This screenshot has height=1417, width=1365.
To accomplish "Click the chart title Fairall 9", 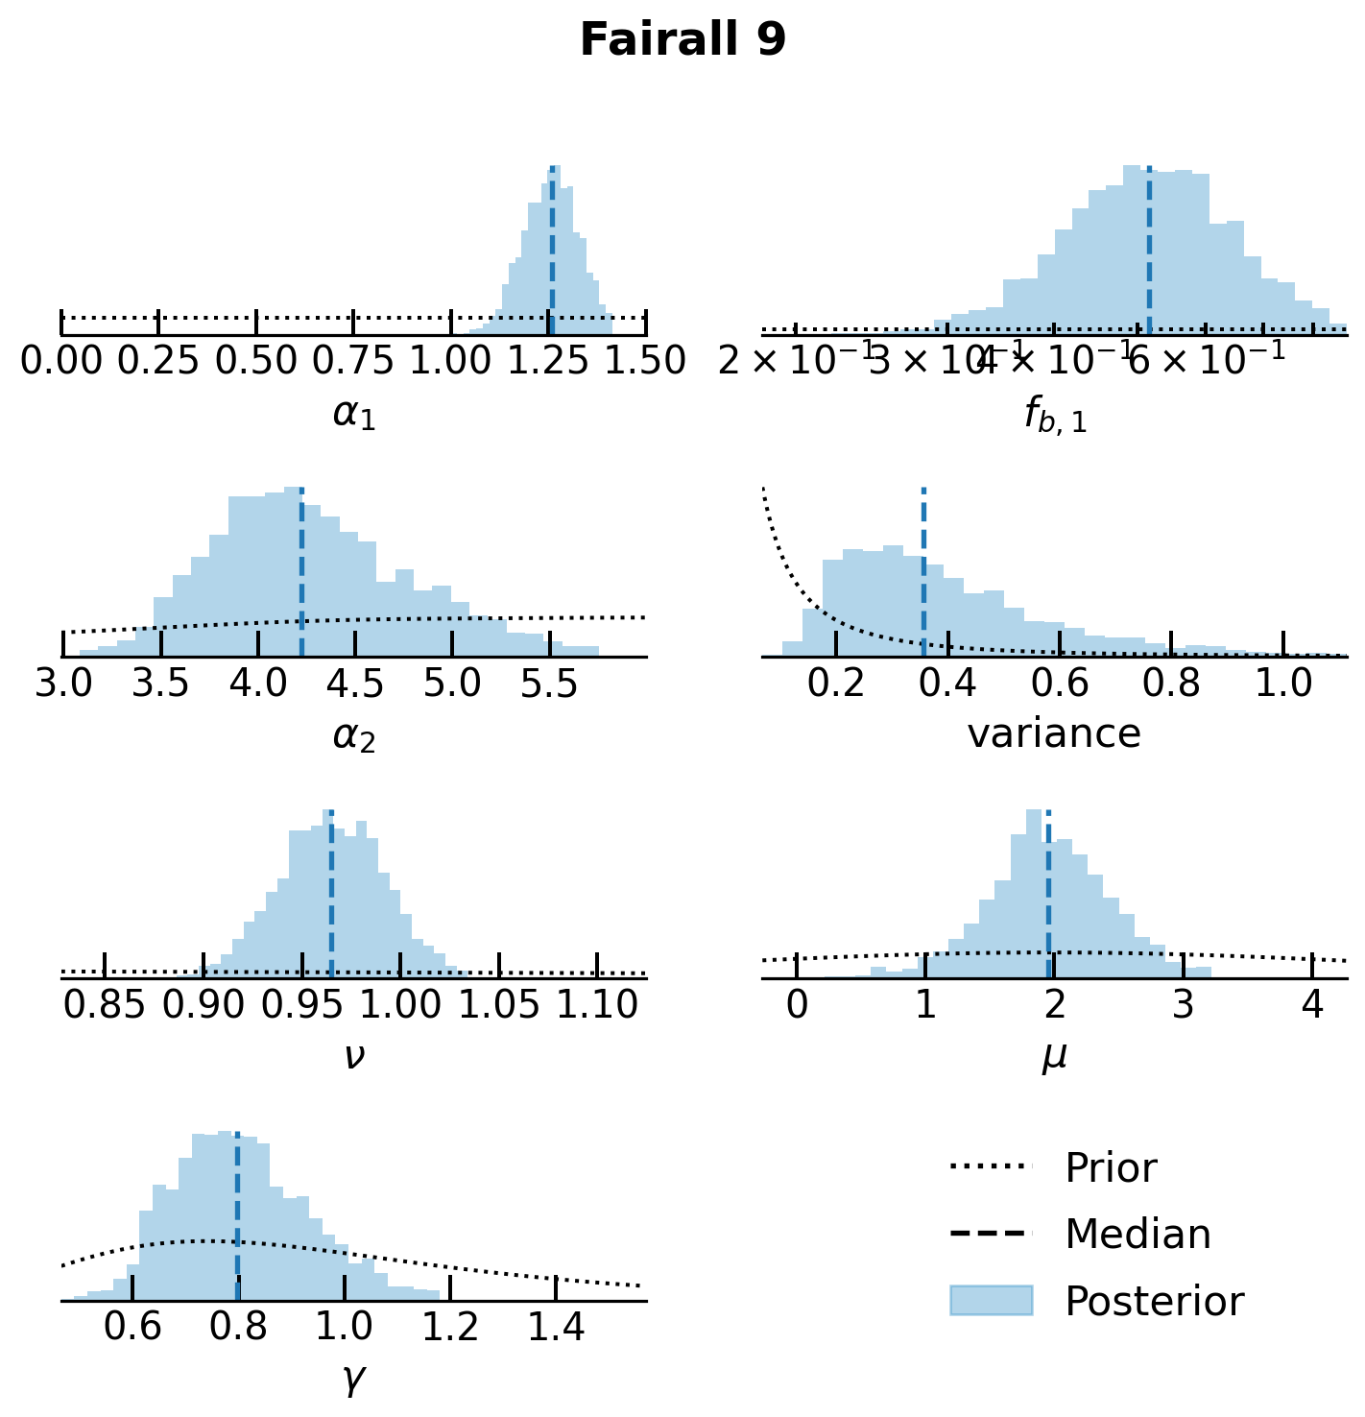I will coord(682,40).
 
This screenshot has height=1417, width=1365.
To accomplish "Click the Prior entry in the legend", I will coord(1111,1168).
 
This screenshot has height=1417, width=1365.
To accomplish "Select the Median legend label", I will coord(1137,1235).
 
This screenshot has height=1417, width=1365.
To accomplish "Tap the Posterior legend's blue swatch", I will coord(991,1301).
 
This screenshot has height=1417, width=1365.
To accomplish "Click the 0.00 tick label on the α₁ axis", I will coord(61,362).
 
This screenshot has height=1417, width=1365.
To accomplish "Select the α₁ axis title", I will coord(354,414).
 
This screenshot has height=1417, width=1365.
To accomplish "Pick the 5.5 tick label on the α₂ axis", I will coord(550,684).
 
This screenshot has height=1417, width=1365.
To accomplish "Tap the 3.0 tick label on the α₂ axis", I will coord(63,684).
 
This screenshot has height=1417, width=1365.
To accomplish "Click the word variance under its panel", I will coord(1054,734).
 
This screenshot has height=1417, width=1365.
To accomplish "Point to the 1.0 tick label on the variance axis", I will coord(1283,684).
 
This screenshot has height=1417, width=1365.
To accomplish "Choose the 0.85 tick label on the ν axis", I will coord(105,1005).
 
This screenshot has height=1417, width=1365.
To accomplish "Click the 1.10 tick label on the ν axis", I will coord(597,1005).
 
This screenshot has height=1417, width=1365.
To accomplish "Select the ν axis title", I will coord(354,1056).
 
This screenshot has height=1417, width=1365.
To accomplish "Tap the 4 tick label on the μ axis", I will coord(1312,1005).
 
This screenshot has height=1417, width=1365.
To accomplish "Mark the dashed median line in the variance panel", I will coord(923,576).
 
